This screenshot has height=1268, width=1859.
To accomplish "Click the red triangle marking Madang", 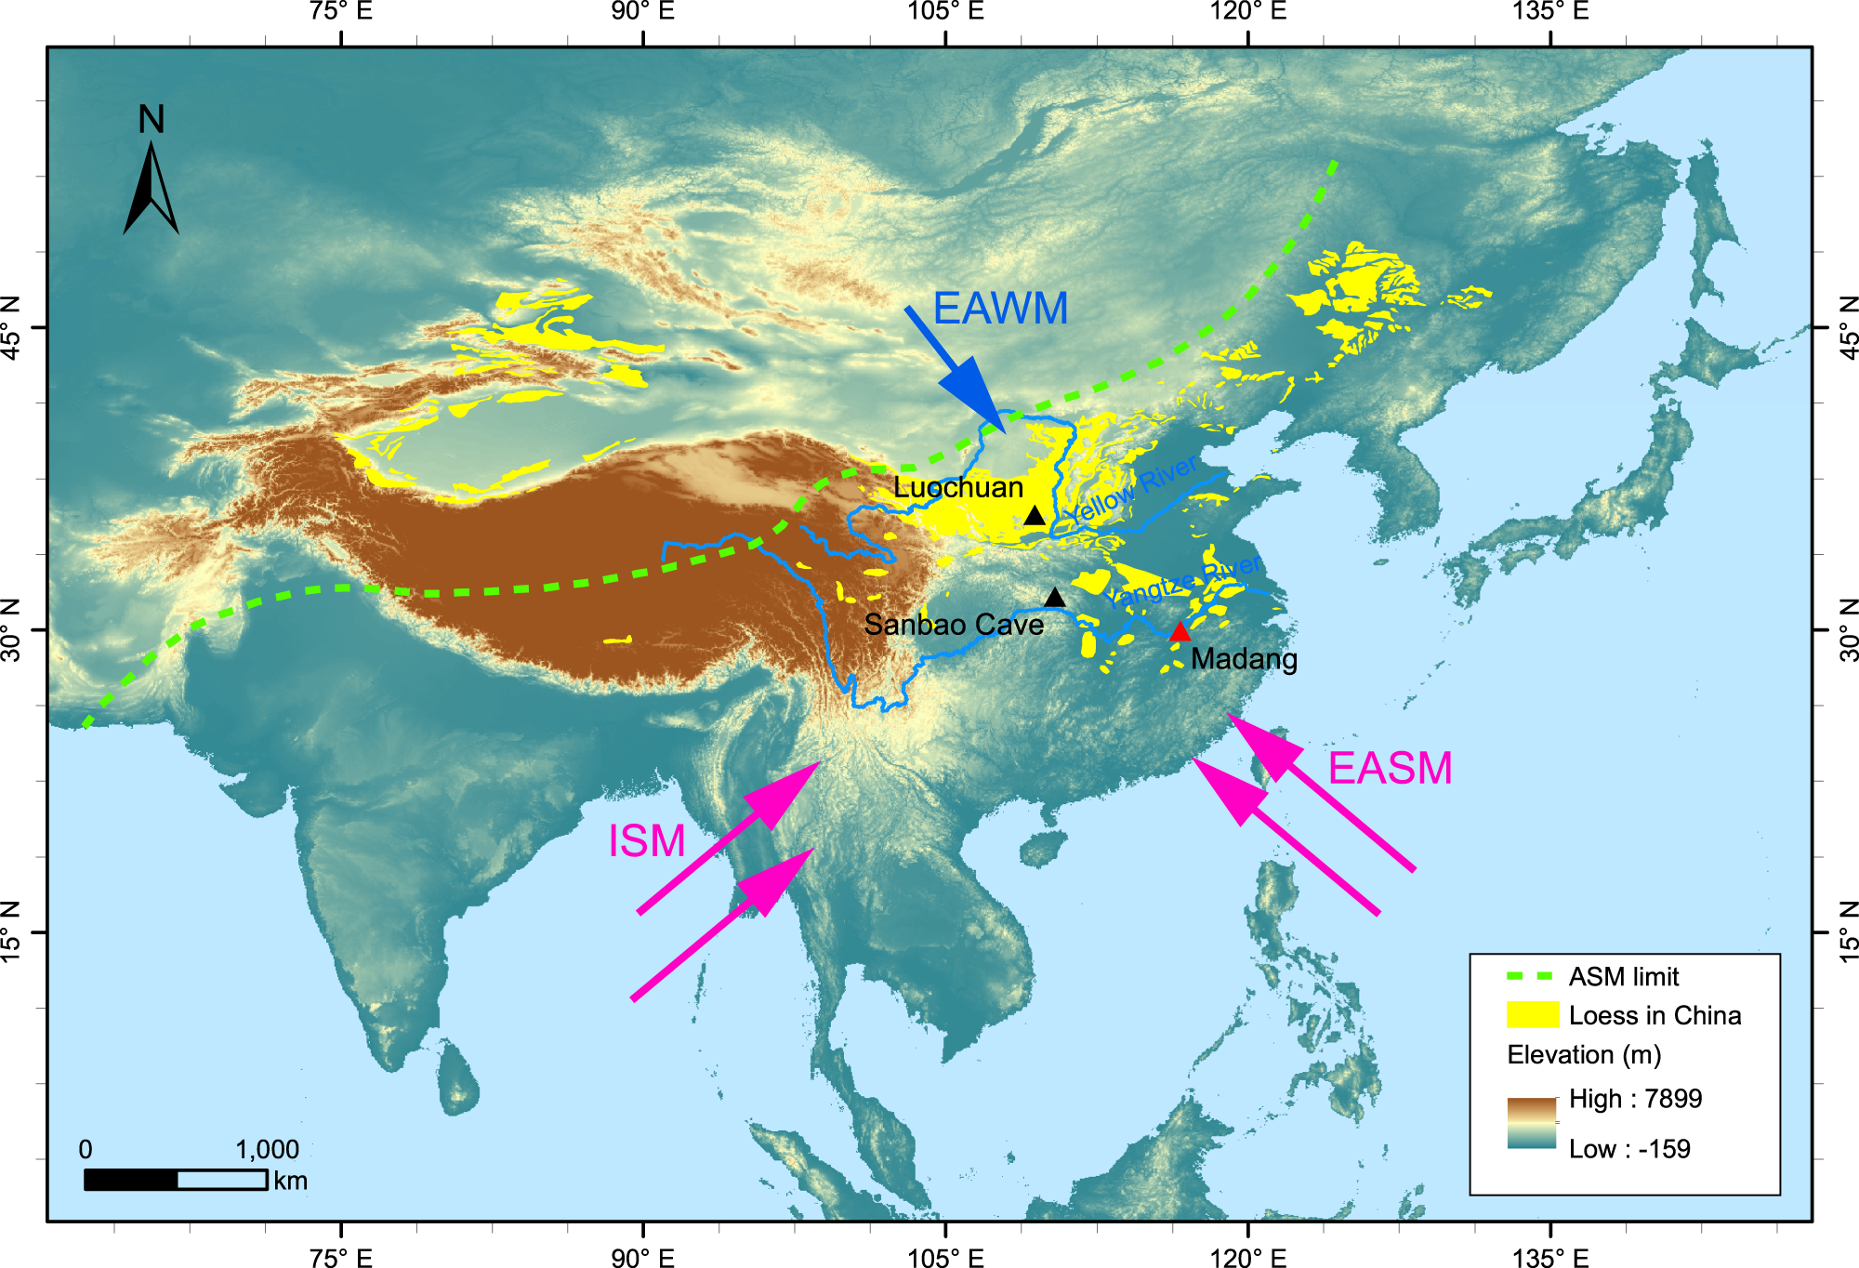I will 1180,633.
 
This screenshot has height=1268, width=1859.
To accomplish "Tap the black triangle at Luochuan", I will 1035,516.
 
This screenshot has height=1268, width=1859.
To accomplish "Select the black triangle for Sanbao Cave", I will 1054,598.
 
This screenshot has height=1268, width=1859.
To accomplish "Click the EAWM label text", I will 1000,309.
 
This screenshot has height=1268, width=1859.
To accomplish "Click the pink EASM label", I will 1390,769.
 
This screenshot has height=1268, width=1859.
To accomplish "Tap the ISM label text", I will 647,842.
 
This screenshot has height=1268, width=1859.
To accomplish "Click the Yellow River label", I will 1131,491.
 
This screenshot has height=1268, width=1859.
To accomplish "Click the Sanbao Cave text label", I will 954,625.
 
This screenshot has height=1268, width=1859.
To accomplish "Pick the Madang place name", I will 1244,659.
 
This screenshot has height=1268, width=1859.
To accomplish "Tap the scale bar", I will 176,1180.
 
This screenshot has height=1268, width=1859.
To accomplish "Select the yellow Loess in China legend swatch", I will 1532,1015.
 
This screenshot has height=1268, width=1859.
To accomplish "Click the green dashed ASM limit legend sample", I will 1529,977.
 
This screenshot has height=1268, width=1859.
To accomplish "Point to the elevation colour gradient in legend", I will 1532,1123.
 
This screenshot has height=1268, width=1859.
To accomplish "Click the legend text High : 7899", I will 1635,1099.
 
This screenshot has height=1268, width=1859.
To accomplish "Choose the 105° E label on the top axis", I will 945,12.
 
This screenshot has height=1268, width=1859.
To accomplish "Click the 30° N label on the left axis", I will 11,629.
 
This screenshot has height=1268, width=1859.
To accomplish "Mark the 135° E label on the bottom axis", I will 1549,1258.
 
